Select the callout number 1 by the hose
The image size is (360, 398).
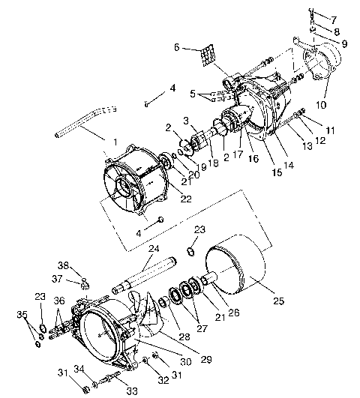click(x=114, y=142)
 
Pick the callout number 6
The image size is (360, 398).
click(x=177, y=46)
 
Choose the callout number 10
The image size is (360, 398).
click(x=334, y=19)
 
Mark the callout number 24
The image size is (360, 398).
click(x=154, y=248)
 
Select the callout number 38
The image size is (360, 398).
click(x=64, y=265)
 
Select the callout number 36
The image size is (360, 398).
click(x=61, y=301)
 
